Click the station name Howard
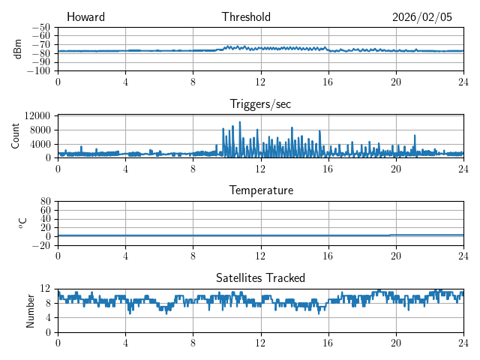85,17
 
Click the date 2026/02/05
422,17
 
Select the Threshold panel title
246,17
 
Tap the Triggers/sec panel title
260,103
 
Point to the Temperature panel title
260,190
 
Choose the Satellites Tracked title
260,277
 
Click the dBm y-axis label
17,49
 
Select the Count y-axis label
16,136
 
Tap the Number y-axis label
31,310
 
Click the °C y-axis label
22,223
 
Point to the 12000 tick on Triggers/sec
37,116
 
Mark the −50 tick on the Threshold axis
40,27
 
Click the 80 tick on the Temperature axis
45,202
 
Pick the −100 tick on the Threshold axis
38,71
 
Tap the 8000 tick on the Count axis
40,130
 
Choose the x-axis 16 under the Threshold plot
328,81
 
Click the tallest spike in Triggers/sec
240,122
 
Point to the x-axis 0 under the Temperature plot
58,255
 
